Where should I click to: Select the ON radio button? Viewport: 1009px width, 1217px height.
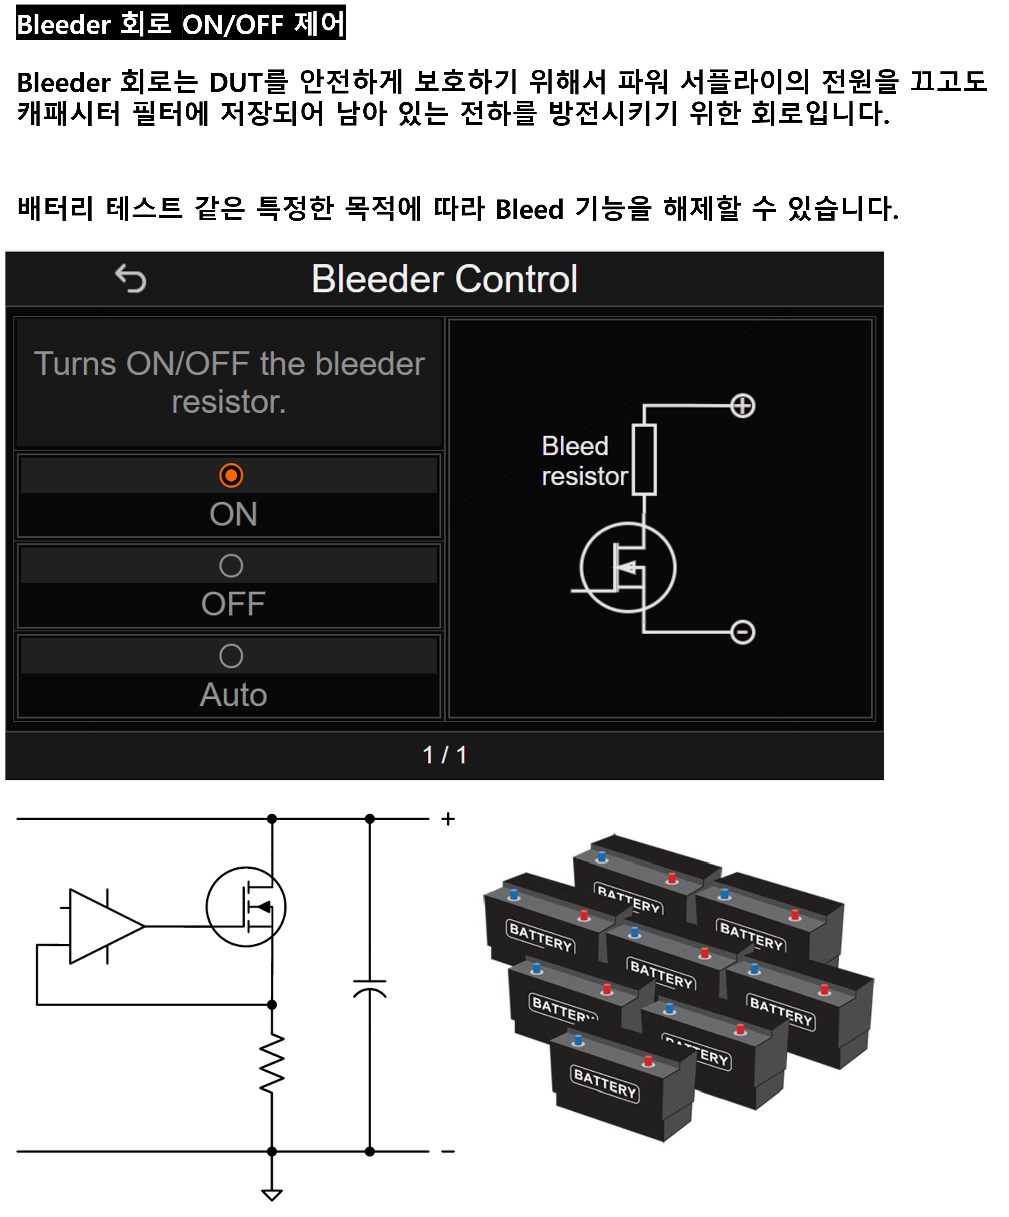tap(231, 475)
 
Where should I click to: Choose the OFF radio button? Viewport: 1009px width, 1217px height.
tap(231, 566)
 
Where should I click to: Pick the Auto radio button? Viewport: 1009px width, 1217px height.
tap(231, 656)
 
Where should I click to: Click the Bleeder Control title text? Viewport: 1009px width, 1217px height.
tap(444, 279)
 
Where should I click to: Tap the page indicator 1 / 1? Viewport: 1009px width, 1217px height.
tap(444, 755)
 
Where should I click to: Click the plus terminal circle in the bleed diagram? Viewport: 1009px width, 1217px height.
tap(742, 406)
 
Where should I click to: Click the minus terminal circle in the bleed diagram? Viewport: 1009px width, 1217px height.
tap(742, 632)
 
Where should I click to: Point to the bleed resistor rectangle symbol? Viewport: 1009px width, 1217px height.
tap(644, 459)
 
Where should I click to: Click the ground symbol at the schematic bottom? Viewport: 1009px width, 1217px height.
tap(272, 1194)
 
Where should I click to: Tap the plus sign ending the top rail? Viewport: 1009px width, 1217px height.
tap(448, 819)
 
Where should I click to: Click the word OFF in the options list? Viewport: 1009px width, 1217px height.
tap(233, 604)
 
